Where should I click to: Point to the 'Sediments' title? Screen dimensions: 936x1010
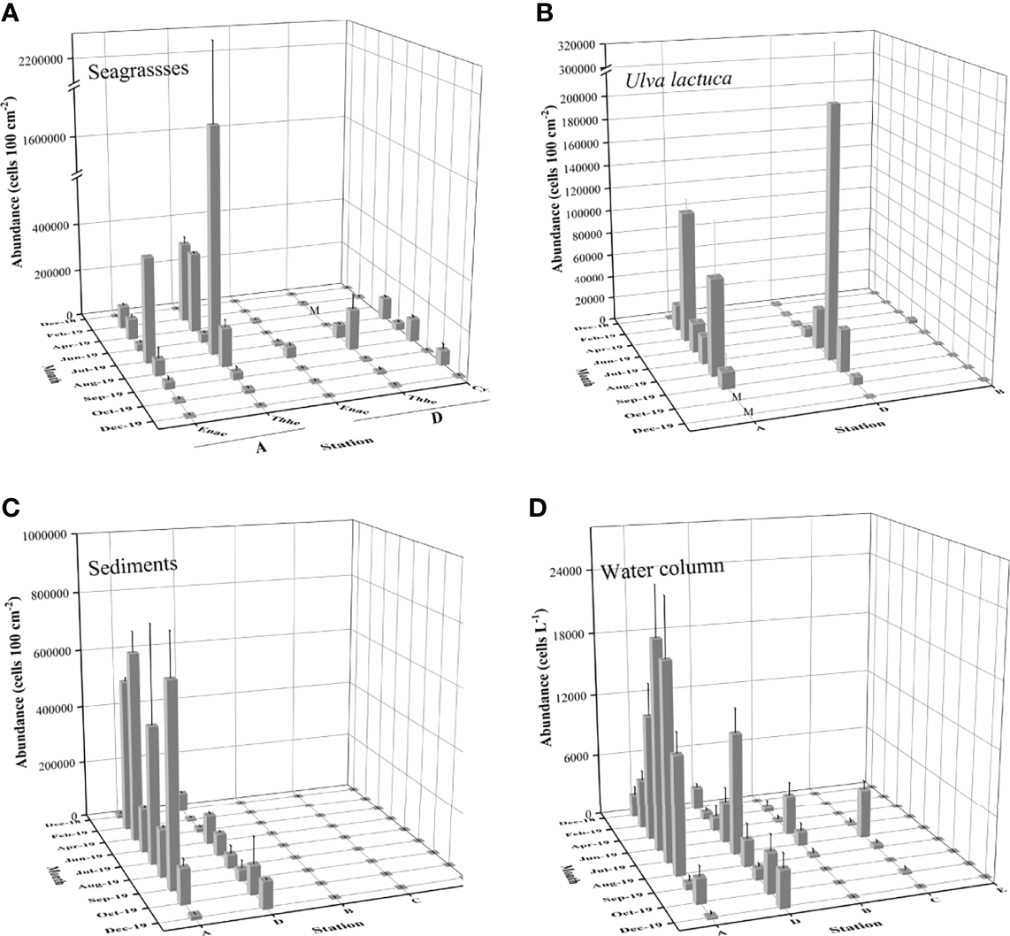click(x=133, y=564)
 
